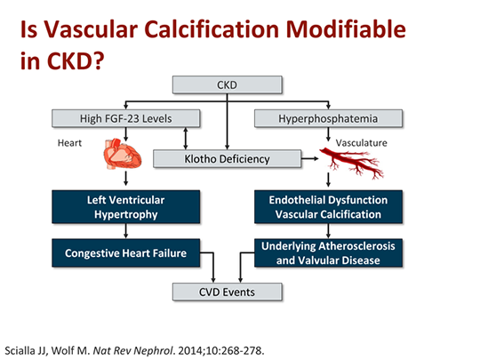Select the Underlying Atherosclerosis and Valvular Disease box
[x=328, y=253]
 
